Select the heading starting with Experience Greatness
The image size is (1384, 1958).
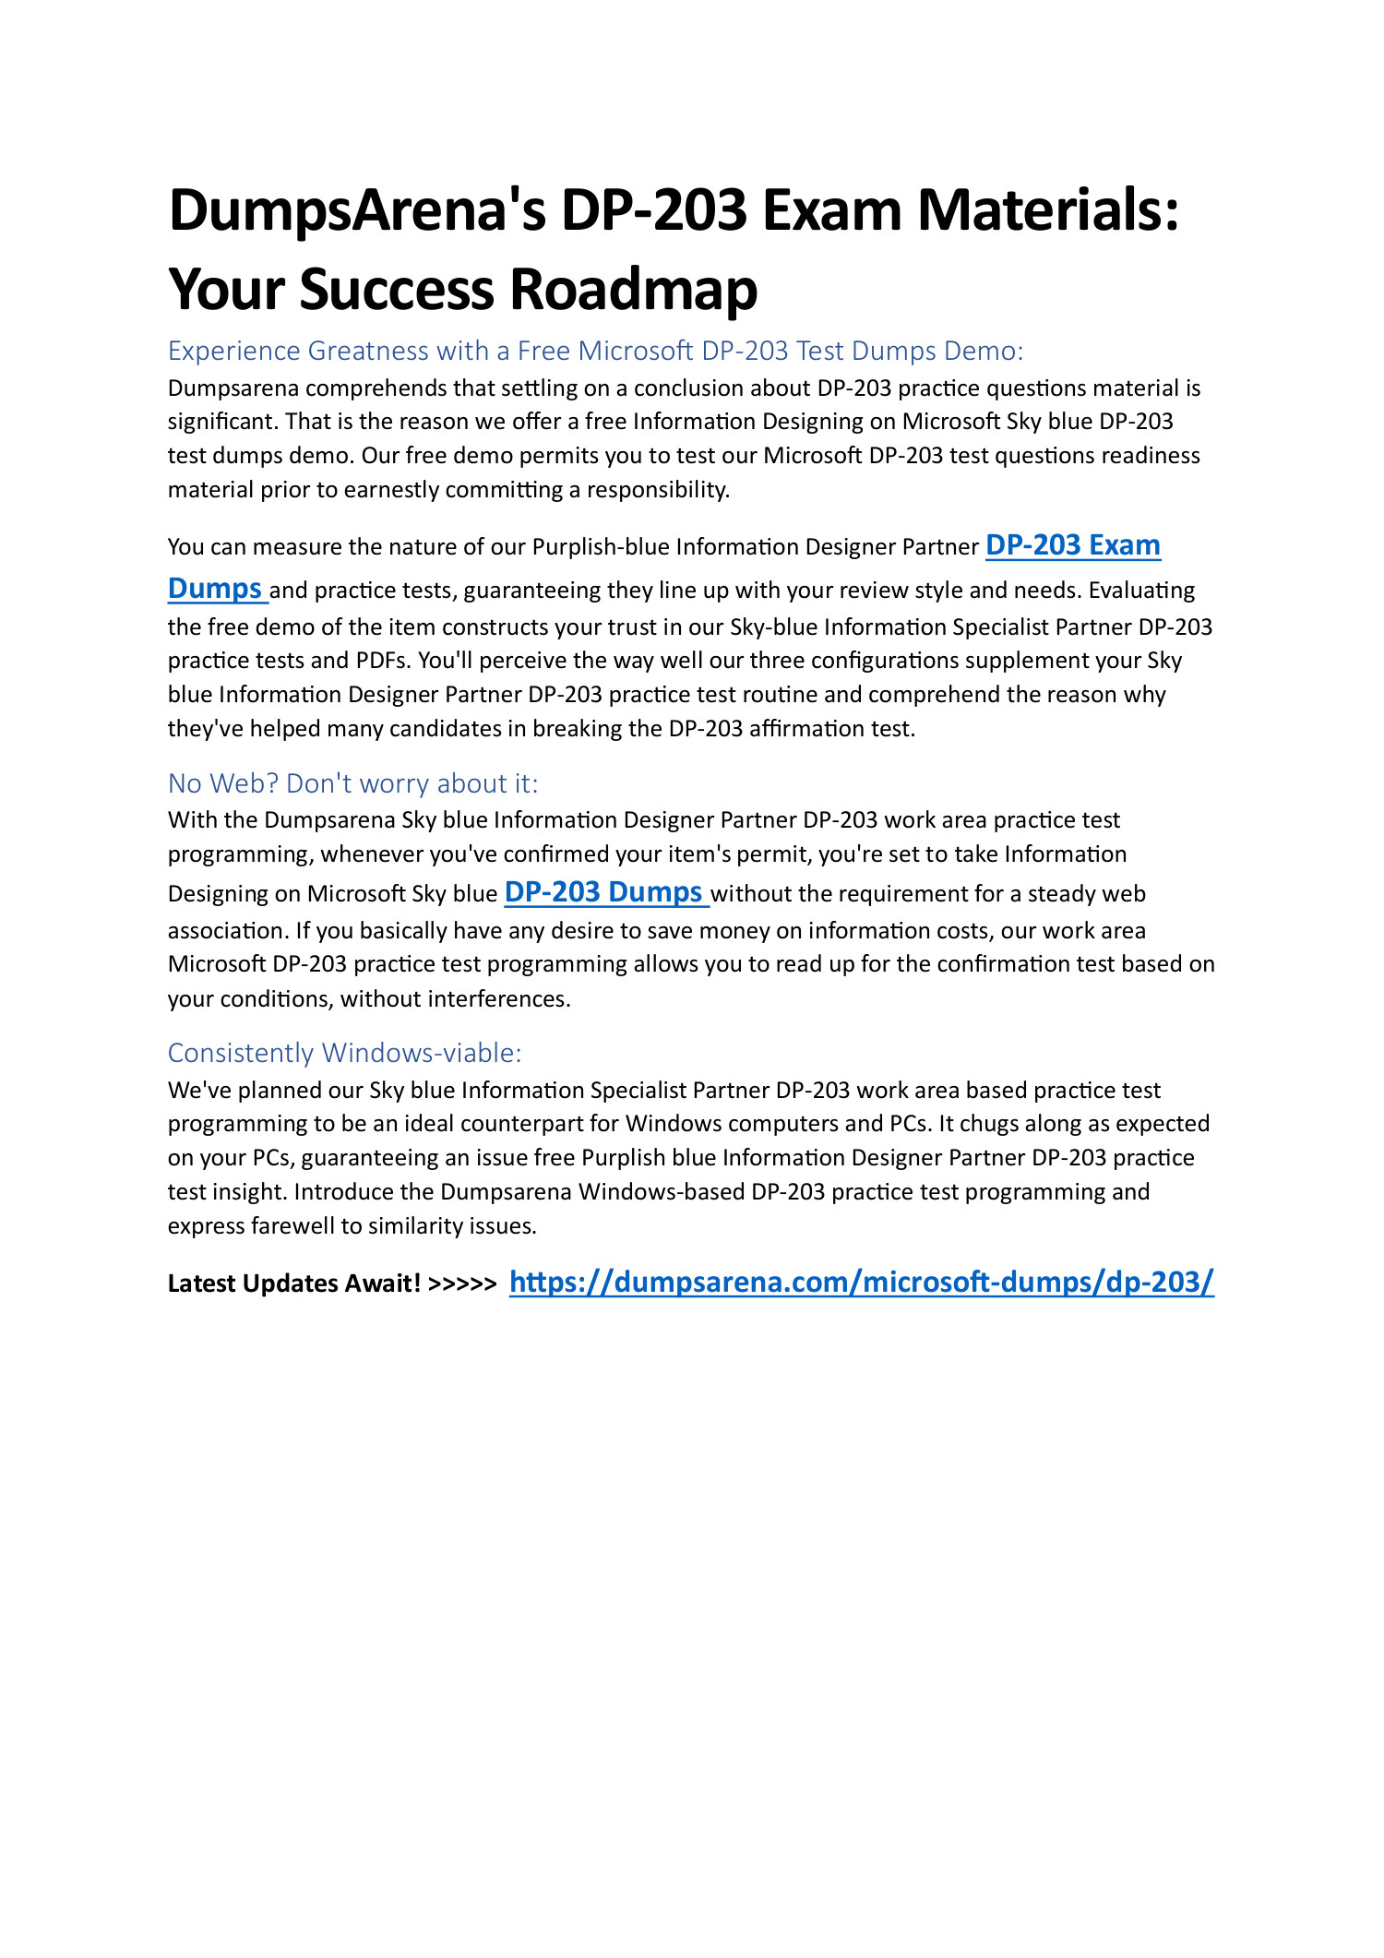click(595, 351)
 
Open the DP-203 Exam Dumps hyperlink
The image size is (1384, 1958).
click(1072, 545)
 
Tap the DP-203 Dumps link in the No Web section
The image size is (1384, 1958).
click(604, 892)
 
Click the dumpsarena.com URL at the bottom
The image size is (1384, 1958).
click(861, 1282)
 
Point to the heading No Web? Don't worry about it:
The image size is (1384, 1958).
click(352, 783)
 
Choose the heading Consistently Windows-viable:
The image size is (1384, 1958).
click(344, 1053)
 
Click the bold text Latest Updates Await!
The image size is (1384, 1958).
click(294, 1283)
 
